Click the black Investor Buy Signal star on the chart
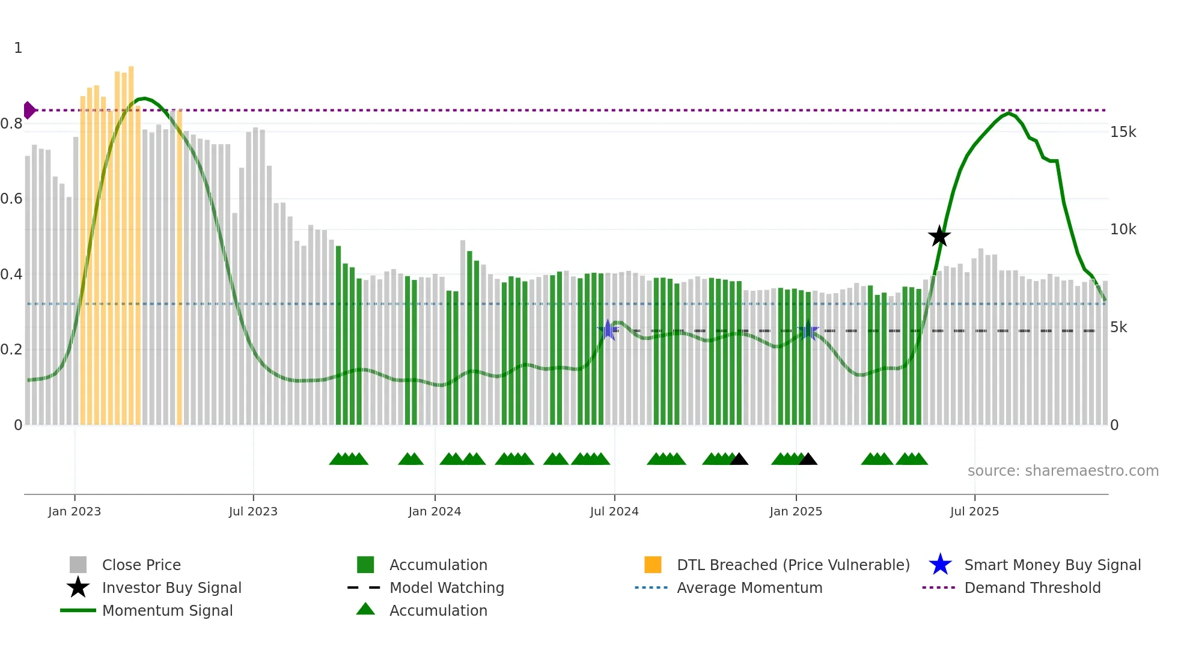tap(939, 236)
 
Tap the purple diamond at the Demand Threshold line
tap(29, 110)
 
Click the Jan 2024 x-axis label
tap(435, 511)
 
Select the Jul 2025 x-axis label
tap(974, 511)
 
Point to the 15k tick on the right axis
tap(1123, 132)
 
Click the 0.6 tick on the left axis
tap(12, 199)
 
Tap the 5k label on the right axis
tap(1118, 327)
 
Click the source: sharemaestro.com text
tap(1063, 470)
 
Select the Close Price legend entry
tap(141, 565)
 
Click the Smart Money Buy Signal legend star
tap(940, 565)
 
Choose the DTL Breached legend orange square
tap(653, 565)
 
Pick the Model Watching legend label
tap(447, 588)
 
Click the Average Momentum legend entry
tap(749, 588)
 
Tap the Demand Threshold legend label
tap(1032, 588)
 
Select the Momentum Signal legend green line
tap(78, 610)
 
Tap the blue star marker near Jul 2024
tap(608, 330)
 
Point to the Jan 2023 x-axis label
tap(75, 511)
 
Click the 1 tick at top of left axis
tap(18, 48)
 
